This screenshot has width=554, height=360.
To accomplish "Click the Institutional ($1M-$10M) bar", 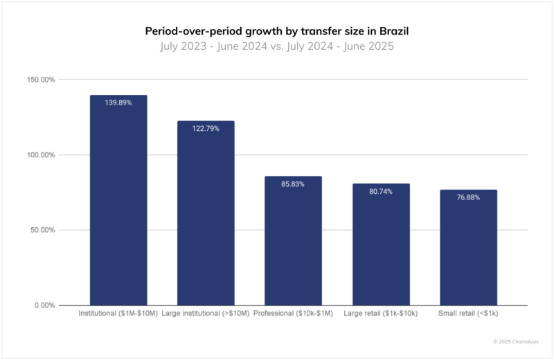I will tap(118, 201).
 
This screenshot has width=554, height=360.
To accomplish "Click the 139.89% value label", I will tap(118, 102).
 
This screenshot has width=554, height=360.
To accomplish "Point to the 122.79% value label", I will tap(206, 129).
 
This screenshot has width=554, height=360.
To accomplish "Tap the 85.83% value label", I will tap(293, 184).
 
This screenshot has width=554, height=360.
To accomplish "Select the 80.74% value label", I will tap(381, 191).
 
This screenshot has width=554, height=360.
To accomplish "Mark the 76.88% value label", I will tap(468, 197).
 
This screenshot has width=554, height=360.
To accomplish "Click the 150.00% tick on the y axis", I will tap(41, 80).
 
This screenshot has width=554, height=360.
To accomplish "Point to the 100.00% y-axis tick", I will tap(41, 155).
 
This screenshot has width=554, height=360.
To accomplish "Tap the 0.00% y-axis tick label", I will tap(45, 305).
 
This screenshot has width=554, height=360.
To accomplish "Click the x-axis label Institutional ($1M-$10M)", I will tap(118, 314).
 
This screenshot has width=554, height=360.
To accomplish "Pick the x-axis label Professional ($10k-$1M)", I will tap(293, 314).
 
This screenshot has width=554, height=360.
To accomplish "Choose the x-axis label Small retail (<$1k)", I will tap(468, 314).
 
